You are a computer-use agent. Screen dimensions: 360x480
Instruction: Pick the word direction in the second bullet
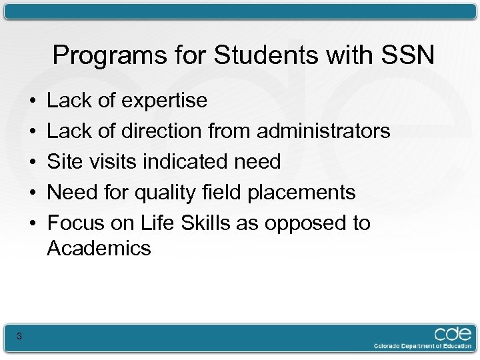pyautogui.click(x=164, y=131)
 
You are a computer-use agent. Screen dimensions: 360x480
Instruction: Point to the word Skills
pyautogui.click(x=201, y=223)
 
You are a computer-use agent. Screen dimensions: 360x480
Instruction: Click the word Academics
pyautogui.click(x=99, y=249)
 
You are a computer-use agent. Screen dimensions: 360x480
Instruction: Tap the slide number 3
pyautogui.click(x=19, y=337)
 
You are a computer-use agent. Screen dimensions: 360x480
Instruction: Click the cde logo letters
pyautogui.click(x=453, y=333)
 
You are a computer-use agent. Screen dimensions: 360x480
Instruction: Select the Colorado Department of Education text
pyautogui.click(x=422, y=346)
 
